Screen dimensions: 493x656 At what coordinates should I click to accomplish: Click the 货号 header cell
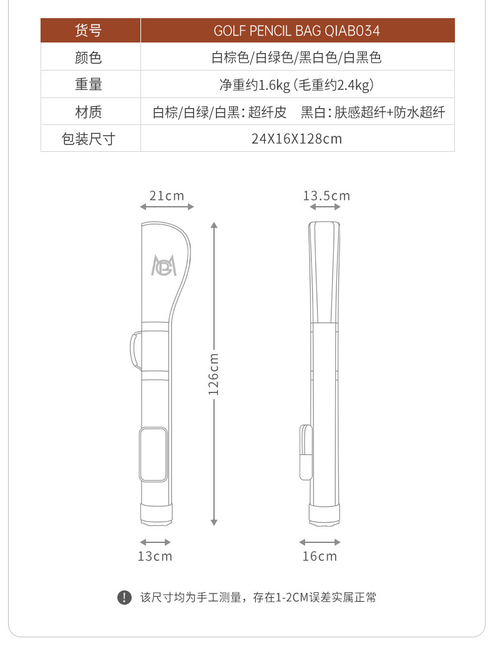pyautogui.click(x=88, y=31)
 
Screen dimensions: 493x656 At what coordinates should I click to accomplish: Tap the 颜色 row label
pyautogui.click(x=88, y=57)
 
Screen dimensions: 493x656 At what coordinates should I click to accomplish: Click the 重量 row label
pyautogui.click(x=88, y=84)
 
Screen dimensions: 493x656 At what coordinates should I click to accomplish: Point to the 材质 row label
pyautogui.click(x=88, y=112)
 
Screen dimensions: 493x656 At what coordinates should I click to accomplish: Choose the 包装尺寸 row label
pyautogui.click(x=88, y=139)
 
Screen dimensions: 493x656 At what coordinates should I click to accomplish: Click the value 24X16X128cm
pyautogui.click(x=296, y=139)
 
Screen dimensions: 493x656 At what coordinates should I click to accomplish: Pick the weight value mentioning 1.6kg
pyautogui.click(x=296, y=85)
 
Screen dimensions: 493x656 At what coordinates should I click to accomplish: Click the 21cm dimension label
pyautogui.click(x=167, y=196)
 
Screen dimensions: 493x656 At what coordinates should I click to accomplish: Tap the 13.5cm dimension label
pyautogui.click(x=326, y=196)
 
